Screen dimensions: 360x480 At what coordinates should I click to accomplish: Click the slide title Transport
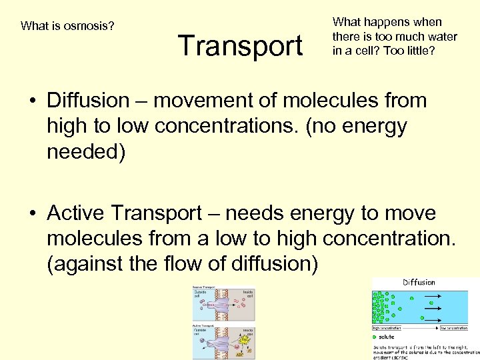coord(240,46)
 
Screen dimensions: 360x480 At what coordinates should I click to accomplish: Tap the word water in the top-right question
coord(440,36)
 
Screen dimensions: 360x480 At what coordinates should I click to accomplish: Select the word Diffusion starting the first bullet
coord(88,101)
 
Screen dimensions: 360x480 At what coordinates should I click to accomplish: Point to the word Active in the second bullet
coord(76,213)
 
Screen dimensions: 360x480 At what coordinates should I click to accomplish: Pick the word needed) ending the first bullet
coord(85,151)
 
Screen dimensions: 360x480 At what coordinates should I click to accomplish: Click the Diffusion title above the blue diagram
coord(419,283)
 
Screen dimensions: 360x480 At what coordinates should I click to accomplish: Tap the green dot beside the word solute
coord(375,337)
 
